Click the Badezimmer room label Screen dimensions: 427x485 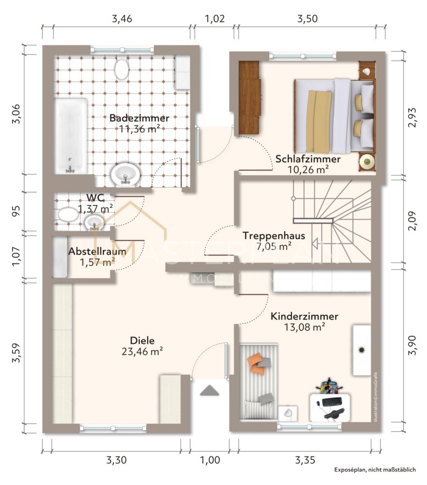tap(139, 118)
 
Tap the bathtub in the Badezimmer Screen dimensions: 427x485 tap(71, 136)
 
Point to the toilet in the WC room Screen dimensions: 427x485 tap(68, 214)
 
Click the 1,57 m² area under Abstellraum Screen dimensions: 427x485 tap(98, 262)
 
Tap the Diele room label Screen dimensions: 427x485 tap(142, 340)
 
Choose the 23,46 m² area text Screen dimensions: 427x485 tap(142, 352)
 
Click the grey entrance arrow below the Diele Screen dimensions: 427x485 tap(210, 390)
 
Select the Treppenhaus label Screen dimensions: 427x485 tap(274, 236)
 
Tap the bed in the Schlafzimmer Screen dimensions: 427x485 tap(334, 116)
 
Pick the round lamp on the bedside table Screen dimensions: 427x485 tap(367, 161)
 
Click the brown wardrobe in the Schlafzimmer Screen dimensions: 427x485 tap(249, 97)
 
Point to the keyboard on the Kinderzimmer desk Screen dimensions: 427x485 tap(332, 402)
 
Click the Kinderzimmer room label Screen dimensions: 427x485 tap(304, 316)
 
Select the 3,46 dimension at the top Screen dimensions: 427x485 tap(122, 19)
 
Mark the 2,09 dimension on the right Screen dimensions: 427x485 tap(412, 221)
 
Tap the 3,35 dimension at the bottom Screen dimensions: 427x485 tap(305, 460)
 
